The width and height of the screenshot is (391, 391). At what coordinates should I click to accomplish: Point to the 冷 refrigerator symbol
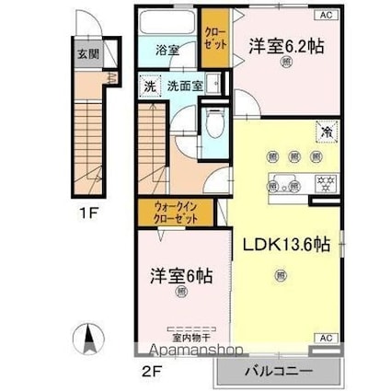click(x=326, y=130)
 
